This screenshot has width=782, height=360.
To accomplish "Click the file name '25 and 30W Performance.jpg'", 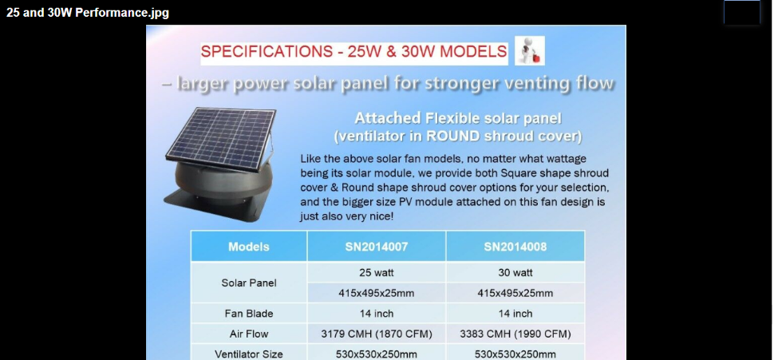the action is click(x=87, y=13).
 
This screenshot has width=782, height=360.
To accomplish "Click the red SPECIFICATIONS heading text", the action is click(x=353, y=51).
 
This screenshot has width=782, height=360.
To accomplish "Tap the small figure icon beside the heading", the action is click(x=528, y=51).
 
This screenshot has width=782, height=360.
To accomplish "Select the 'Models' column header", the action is click(x=249, y=247).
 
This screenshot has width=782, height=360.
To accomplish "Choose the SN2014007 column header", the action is click(x=377, y=247).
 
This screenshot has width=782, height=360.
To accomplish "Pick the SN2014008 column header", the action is click(x=515, y=247).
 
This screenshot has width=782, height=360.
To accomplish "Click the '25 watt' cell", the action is click(x=377, y=272).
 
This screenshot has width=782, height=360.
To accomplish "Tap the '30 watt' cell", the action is click(x=515, y=272).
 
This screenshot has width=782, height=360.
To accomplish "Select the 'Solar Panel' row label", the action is click(x=249, y=283).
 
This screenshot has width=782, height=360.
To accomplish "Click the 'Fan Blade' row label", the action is click(x=249, y=314).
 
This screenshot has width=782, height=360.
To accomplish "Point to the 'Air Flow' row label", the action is click(x=249, y=334).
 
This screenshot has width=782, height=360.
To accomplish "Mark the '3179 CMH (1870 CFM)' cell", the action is click(x=377, y=334).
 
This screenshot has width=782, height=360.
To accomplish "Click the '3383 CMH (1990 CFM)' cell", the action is click(x=515, y=334).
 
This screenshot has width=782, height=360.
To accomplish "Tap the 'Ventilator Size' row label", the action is click(x=249, y=354).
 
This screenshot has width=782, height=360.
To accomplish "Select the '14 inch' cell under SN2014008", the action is click(x=515, y=314).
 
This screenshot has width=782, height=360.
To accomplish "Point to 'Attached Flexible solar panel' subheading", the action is click(x=458, y=119).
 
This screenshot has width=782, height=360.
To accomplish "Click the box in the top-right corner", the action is click(x=741, y=11).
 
